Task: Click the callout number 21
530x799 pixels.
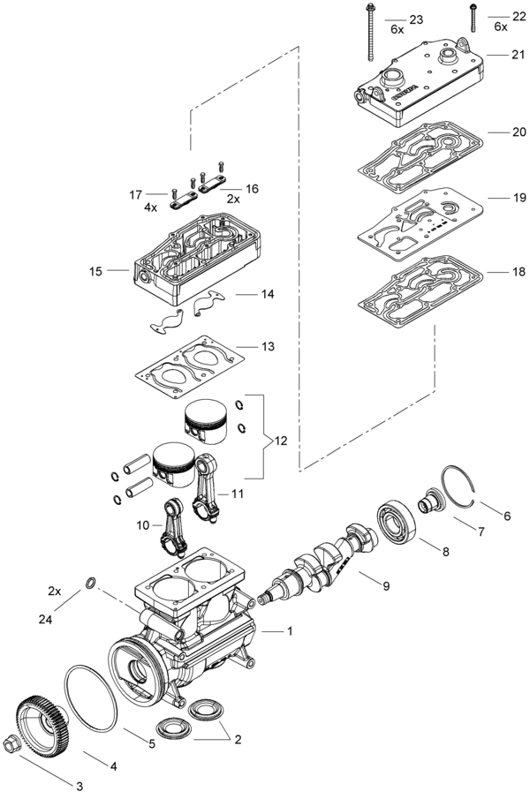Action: (x=518, y=55)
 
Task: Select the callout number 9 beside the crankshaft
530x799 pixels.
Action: (x=386, y=586)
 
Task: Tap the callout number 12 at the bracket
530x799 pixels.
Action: (x=280, y=441)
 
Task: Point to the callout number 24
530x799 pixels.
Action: (x=46, y=619)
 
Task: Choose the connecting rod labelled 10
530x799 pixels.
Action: (x=173, y=527)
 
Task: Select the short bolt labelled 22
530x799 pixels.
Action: (x=473, y=18)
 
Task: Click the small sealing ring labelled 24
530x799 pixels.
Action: (x=90, y=582)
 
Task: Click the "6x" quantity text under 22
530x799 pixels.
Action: (x=501, y=27)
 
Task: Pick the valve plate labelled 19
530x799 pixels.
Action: (x=420, y=223)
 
